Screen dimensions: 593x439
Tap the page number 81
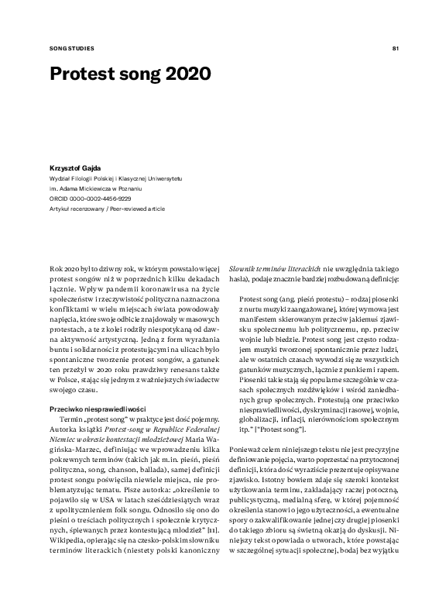(x=395, y=48)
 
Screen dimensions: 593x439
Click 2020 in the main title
(x=185, y=75)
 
